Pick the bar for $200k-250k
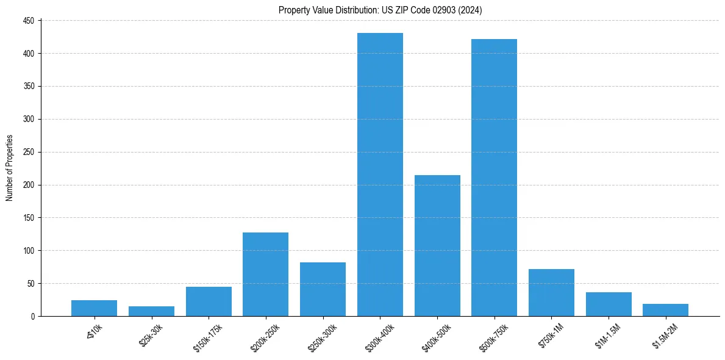point(265,274)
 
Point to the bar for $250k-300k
point(323,289)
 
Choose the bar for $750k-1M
point(551,292)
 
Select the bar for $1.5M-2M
point(665,310)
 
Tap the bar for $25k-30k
point(151,311)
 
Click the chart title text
point(380,10)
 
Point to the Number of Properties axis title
point(10,168)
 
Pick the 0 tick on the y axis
point(32,316)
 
